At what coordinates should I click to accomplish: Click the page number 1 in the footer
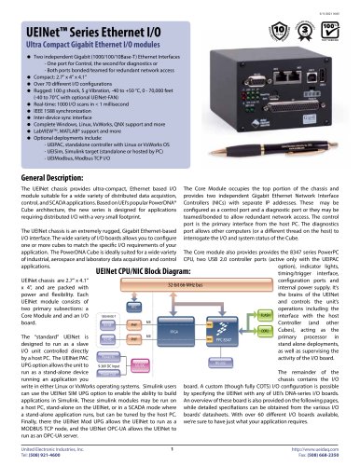177,449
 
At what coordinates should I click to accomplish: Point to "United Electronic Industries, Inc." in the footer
51,449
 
